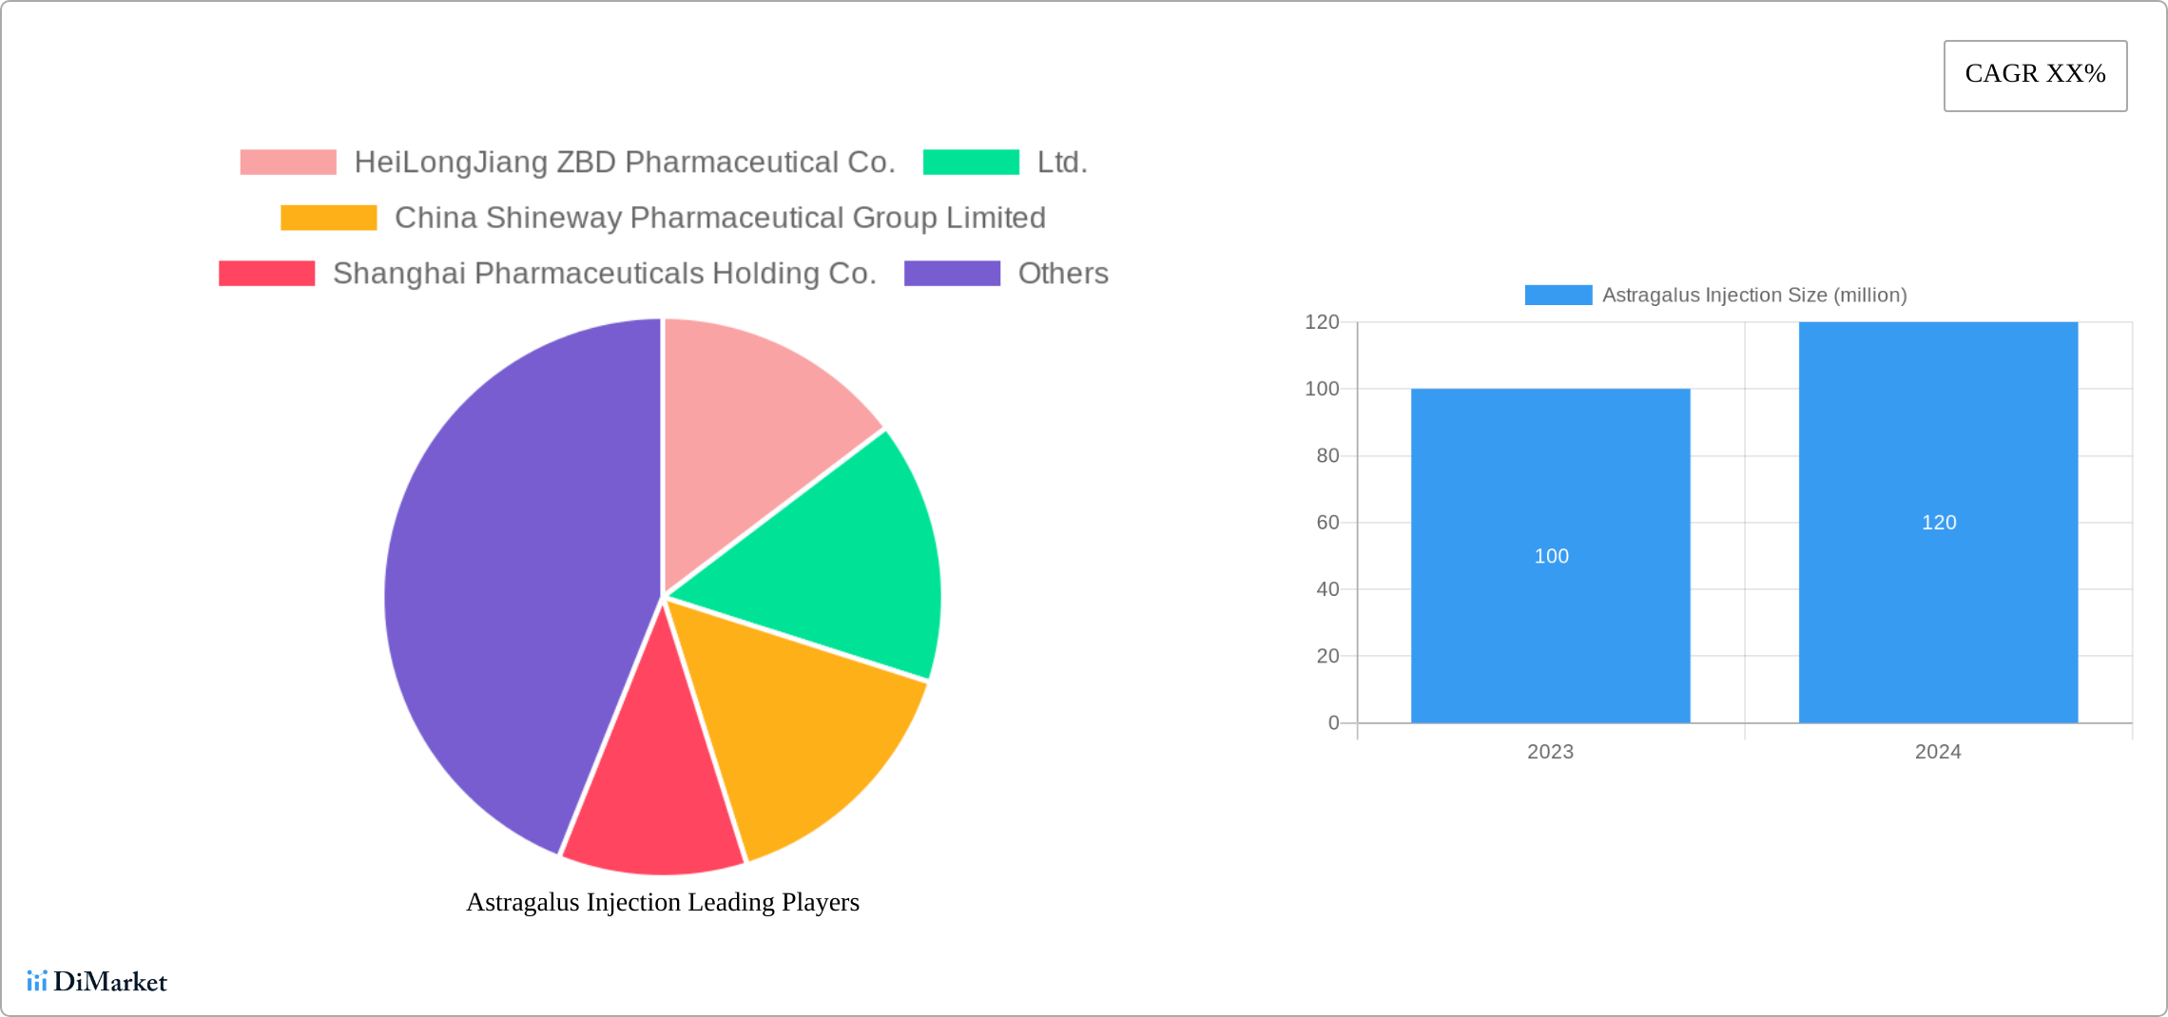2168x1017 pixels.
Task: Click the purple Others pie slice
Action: pyautogui.click(x=504, y=589)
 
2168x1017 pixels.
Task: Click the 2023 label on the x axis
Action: pyautogui.click(x=1550, y=752)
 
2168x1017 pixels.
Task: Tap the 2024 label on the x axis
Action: pyautogui.click(x=1938, y=752)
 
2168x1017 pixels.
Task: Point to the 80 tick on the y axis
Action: pyautogui.click(x=1327, y=456)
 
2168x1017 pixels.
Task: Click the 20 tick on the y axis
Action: pyautogui.click(x=1327, y=656)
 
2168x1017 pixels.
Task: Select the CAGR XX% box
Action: pyautogui.click(x=2035, y=75)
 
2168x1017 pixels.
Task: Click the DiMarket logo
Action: pyautogui.click(x=97, y=981)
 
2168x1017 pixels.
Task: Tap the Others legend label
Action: pyautogui.click(x=1063, y=274)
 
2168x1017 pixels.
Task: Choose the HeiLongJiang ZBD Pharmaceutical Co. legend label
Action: pyautogui.click(x=625, y=163)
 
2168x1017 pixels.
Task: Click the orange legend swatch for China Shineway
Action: pyautogui.click(x=329, y=218)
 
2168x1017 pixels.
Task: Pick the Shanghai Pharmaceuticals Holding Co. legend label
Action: pyautogui.click(x=605, y=274)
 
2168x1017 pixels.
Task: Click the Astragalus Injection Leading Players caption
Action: pyautogui.click(x=663, y=902)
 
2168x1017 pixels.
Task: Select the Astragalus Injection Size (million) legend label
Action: pyautogui.click(x=1754, y=296)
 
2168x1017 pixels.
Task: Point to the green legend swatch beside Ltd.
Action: pyautogui.click(x=971, y=163)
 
